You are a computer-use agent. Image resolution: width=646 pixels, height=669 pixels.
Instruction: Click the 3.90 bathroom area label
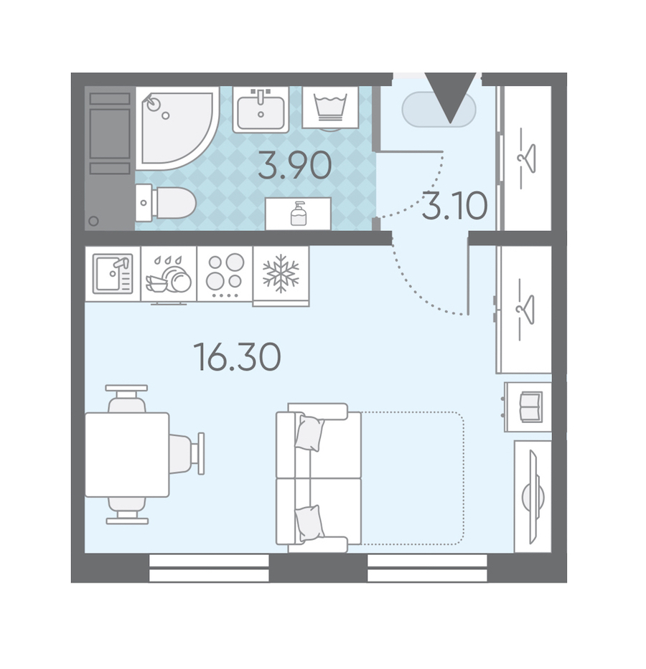(x=294, y=165)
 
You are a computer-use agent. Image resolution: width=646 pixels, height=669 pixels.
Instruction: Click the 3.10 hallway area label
(x=455, y=205)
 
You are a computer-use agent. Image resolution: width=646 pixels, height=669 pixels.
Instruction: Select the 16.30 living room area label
(x=237, y=356)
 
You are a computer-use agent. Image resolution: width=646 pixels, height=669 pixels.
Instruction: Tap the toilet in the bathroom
(x=166, y=203)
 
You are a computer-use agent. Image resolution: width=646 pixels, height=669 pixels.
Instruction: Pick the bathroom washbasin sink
(x=261, y=110)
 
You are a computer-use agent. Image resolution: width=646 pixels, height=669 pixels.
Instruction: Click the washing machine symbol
(x=330, y=108)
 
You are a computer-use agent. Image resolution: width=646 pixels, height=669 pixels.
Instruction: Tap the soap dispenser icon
(x=299, y=214)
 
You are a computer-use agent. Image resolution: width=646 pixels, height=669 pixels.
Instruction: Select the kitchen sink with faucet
(x=113, y=273)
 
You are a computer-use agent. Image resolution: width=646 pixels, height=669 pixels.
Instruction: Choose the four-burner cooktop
(x=225, y=274)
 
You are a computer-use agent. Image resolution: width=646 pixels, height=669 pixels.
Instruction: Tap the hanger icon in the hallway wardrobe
(x=526, y=158)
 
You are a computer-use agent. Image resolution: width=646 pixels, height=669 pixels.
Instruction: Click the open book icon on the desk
(x=530, y=407)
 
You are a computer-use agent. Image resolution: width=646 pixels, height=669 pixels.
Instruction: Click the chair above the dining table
(x=126, y=398)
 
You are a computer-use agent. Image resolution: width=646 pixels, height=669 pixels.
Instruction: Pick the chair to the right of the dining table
(x=187, y=454)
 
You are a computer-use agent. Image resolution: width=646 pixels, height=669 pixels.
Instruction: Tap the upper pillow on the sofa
(x=309, y=434)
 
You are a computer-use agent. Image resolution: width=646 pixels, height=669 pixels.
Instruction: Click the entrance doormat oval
(x=439, y=109)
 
